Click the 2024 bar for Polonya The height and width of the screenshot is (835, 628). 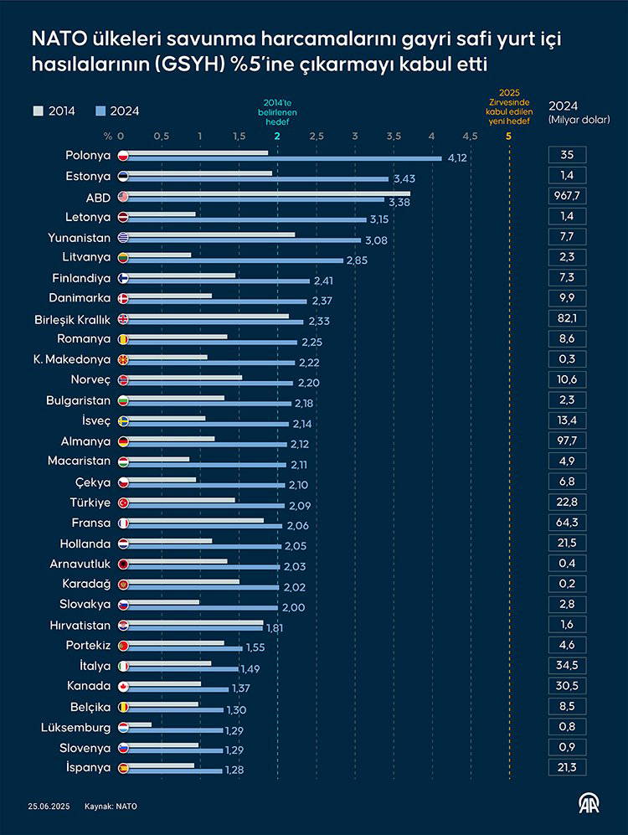[x=285, y=158]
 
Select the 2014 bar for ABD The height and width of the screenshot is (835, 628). [x=268, y=193]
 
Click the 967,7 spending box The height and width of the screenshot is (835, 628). [x=567, y=198]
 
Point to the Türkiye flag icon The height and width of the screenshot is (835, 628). [x=123, y=503]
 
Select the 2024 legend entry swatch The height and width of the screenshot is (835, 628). [x=100, y=111]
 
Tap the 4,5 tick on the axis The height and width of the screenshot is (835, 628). [x=470, y=136]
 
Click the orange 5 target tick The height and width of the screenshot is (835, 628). [x=508, y=136]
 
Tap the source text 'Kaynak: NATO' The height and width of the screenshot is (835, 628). [x=111, y=807]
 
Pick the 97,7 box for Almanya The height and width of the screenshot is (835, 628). [x=567, y=440]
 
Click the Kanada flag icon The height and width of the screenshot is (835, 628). [x=123, y=686]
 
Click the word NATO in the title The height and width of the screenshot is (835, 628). [x=57, y=39]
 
